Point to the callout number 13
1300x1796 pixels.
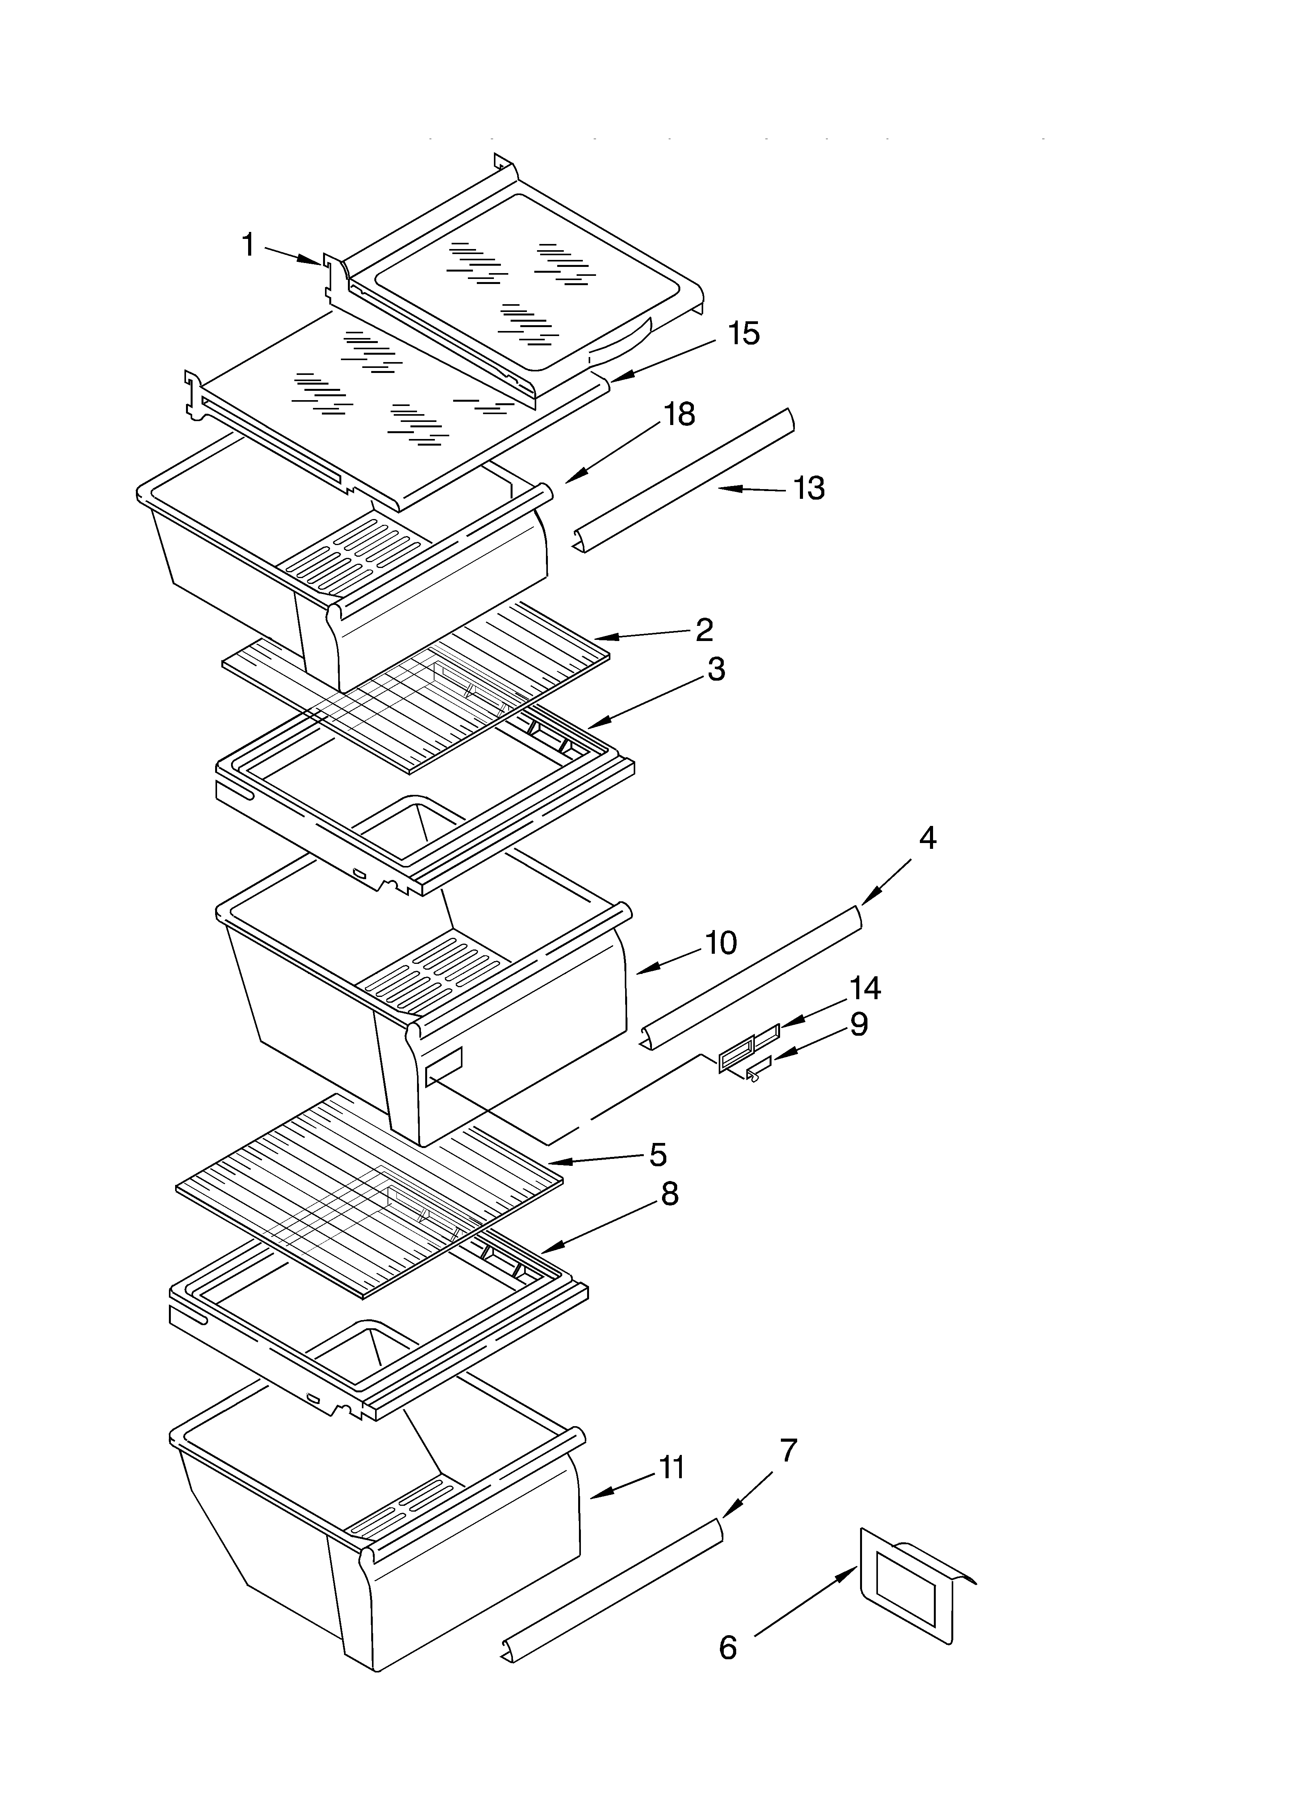pyautogui.click(x=808, y=489)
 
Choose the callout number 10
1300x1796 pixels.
pyautogui.click(x=720, y=942)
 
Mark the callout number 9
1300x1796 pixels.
pyautogui.click(x=859, y=1025)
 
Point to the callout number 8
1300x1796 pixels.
pyautogui.click(x=670, y=1194)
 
